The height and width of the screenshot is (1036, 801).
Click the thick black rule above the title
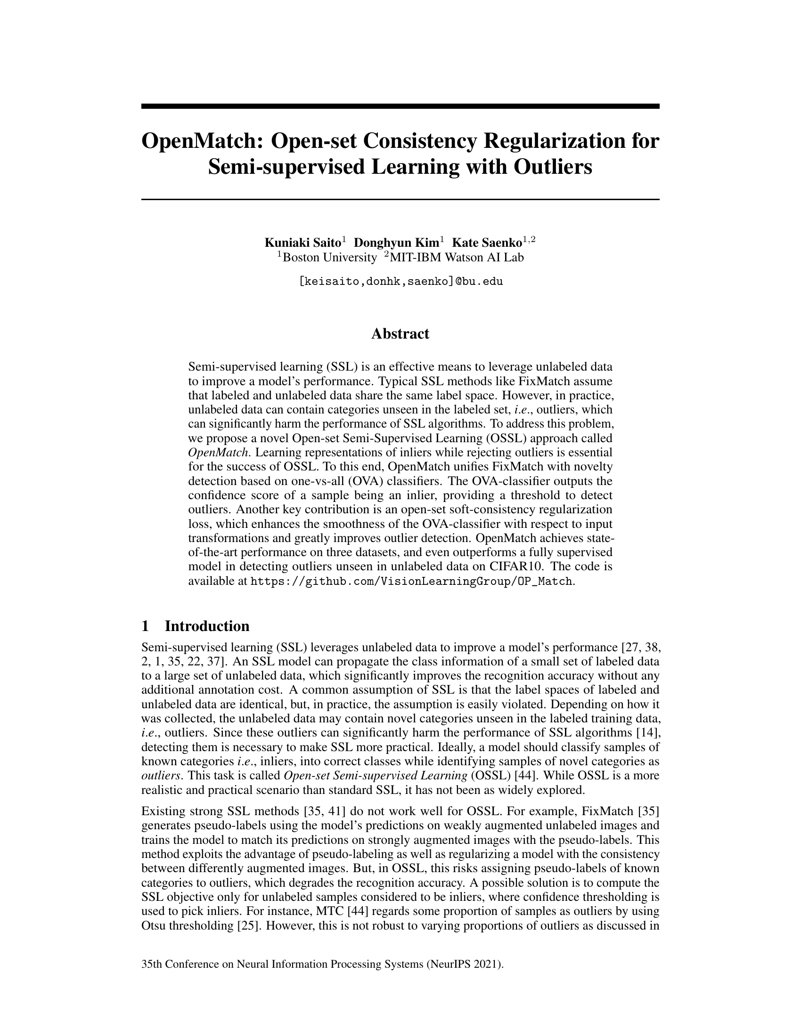click(400, 106)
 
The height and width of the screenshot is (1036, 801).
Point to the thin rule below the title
click(400, 199)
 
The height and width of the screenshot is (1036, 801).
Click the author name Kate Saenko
click(486, 243)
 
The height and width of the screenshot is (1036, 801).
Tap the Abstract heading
click(400, 334)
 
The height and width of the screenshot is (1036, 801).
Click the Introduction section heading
click(206, 626)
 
